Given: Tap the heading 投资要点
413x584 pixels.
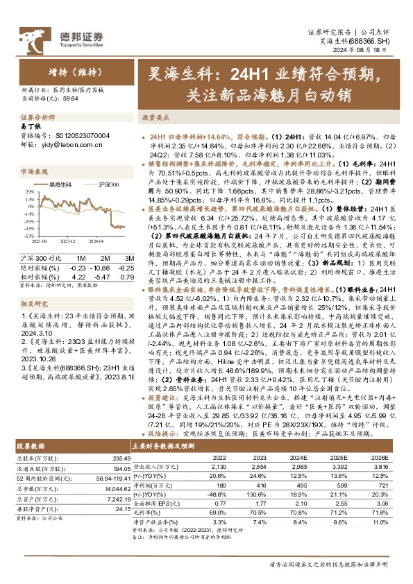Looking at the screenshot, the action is click(157, 119).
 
